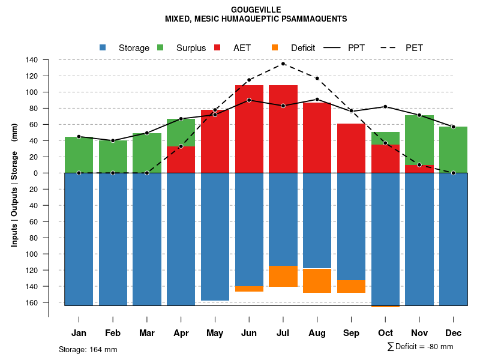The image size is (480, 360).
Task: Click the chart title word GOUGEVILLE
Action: click(256, 10)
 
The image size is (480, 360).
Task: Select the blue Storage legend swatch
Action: click(103, 47)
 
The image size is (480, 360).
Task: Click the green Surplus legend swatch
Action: click(160, 47)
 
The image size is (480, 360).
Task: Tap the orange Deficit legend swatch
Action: click(275, 47)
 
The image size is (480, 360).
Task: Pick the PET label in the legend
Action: click(414, 48)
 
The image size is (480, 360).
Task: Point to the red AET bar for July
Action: click(283, 129)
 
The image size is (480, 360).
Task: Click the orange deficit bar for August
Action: click(317, 281)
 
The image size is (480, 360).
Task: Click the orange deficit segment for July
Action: click(283, 276)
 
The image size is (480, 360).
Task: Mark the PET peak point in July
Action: click(283, 64)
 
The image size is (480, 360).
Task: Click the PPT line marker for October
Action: click(385, 107)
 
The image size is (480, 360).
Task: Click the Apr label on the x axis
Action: click(181, 333)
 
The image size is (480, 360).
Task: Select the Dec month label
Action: click(454, 333)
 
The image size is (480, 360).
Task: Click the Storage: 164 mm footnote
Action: click(88, 349)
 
